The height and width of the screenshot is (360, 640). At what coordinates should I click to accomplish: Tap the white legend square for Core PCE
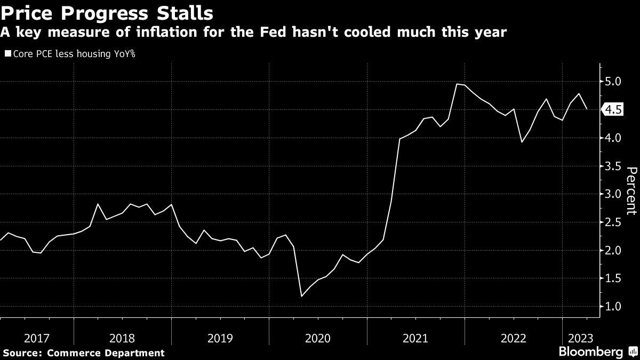click(x=7, y=54)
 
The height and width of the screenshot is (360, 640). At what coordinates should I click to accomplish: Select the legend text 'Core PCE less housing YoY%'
click(x=74, y=54)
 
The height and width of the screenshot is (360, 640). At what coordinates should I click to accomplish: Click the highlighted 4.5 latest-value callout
click(x=613, y=110)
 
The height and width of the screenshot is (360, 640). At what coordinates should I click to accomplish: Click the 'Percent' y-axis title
click(x=631, y=190)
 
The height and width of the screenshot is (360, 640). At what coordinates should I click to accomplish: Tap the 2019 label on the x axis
click(x=220, y=338)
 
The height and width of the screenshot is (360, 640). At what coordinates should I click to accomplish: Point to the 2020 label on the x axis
click(x=318, y=338)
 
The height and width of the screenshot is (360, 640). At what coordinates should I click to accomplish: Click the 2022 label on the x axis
click(x=513, y=338)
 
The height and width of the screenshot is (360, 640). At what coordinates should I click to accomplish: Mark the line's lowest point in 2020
click(x=302, y=296)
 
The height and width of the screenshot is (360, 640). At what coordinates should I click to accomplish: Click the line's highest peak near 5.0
click(x=458, y=84)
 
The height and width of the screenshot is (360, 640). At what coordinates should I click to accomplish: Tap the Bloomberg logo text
click(x=590, y=352)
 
